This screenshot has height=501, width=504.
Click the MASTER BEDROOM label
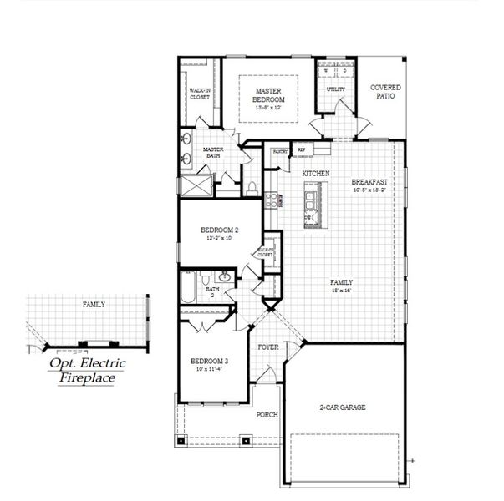(x=268, y=94)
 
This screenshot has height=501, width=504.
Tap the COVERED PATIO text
(x=385, y=91)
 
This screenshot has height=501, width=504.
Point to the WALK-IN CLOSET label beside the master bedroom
(x=199, y=94)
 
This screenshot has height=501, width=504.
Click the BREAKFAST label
(x=368, y=182)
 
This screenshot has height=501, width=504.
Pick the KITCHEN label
(x=316, y=173)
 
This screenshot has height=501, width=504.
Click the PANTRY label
(x=280, y=151)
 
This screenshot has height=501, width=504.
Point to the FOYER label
(x=267, y=345)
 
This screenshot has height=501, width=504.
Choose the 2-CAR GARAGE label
(x=344, y=407)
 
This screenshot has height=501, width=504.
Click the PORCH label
(x=267, y=413)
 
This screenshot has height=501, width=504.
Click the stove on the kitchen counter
(x=271, y=200)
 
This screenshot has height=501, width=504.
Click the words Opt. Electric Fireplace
(x=81, y=371)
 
